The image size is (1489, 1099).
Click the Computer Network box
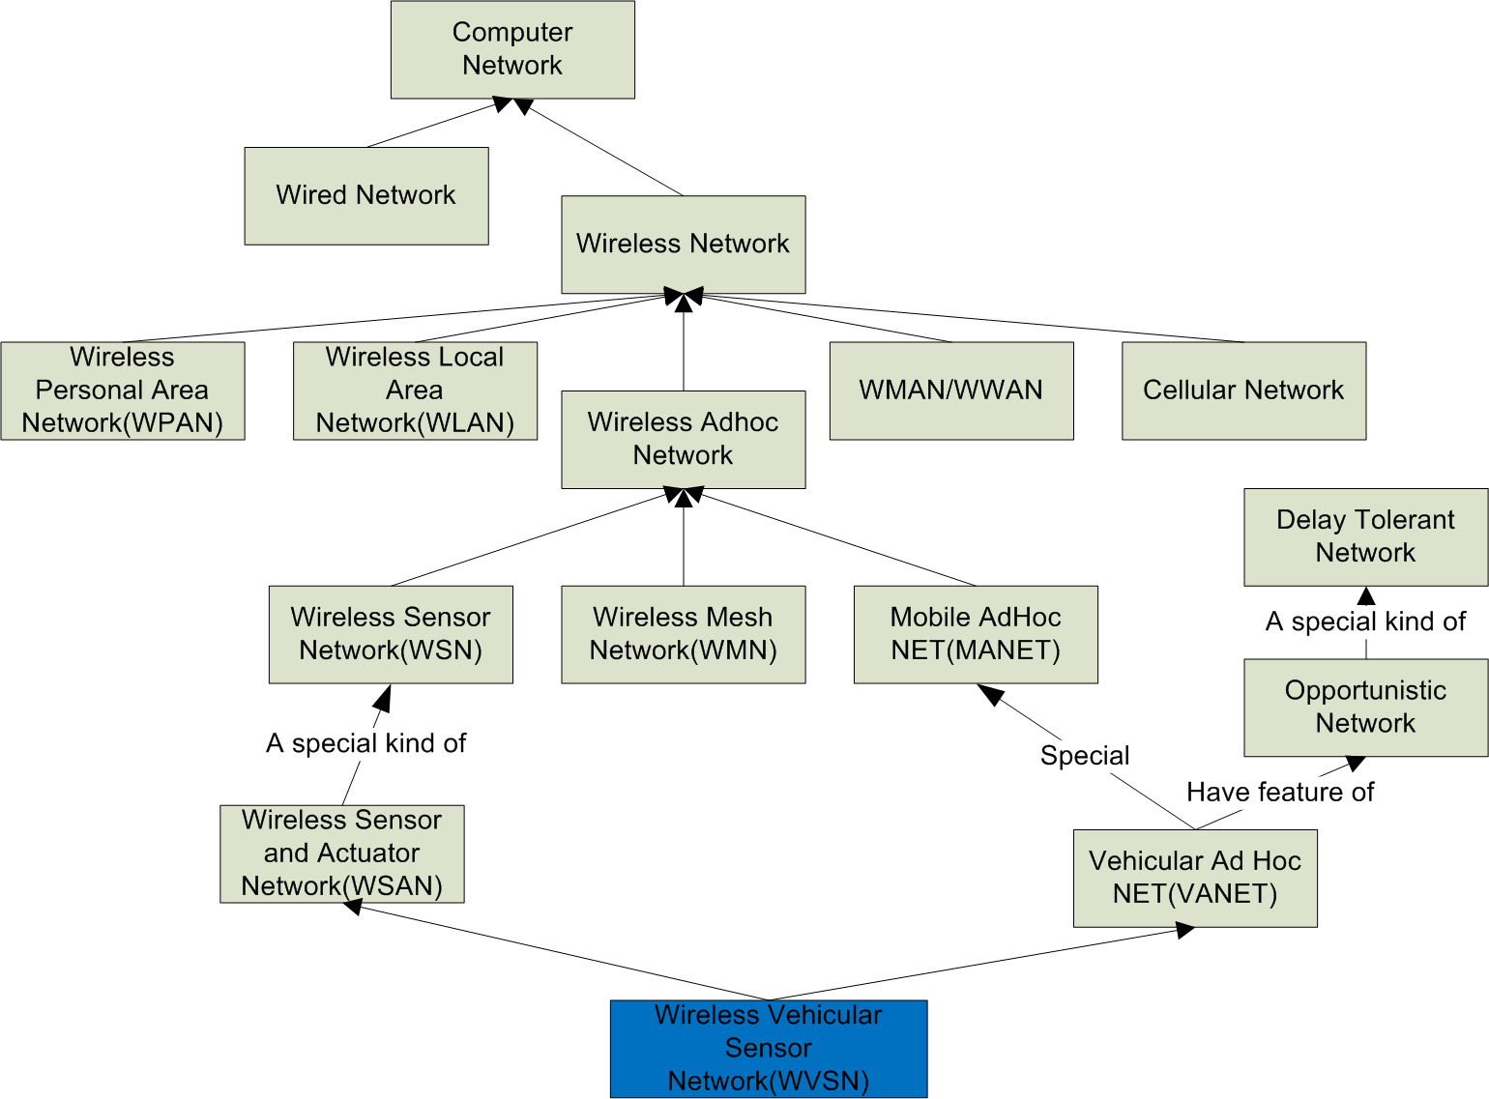tap(512, 49)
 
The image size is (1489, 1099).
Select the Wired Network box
tap(365, 195)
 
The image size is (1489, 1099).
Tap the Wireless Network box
tap(683, 245)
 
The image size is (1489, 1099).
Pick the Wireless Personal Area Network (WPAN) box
tap(122, 390)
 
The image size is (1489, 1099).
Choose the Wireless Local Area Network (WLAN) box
tap(415, 390)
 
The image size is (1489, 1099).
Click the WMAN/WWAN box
tap(951, 390)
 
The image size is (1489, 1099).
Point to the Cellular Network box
tap(1243, 390)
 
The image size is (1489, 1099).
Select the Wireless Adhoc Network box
tap(683, 439)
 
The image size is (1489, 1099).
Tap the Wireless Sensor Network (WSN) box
tap(391, 634)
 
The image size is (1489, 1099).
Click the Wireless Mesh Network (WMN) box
tap(683, 634)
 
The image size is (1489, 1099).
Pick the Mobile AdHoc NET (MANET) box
tap(976, 634)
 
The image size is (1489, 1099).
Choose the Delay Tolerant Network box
tap(1365, 536)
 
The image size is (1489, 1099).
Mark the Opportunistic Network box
tap(1365, 708)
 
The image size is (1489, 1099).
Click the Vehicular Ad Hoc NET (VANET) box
tap(1195, 878)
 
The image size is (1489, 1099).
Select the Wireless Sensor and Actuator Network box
tap(341, 853)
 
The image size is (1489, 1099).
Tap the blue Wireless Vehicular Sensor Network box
tap(769, 1049)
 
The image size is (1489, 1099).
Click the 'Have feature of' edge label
tap(1279, 793)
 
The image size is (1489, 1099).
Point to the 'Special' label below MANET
tap(1084, 756)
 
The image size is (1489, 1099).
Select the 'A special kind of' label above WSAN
tap(365, 743)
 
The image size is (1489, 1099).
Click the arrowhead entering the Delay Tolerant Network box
tap(1365, 595)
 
